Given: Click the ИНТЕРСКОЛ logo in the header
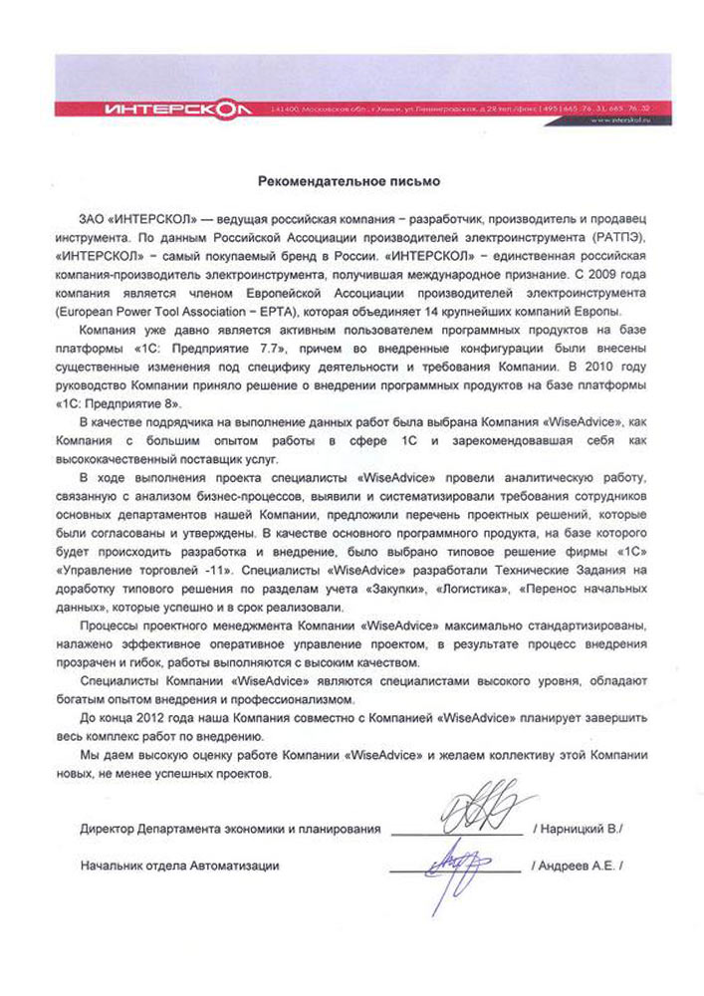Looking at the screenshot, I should pyautogui.click(x=168, y=107).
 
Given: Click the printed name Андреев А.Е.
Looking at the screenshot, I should pyautogui.click(x=581, y=867).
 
